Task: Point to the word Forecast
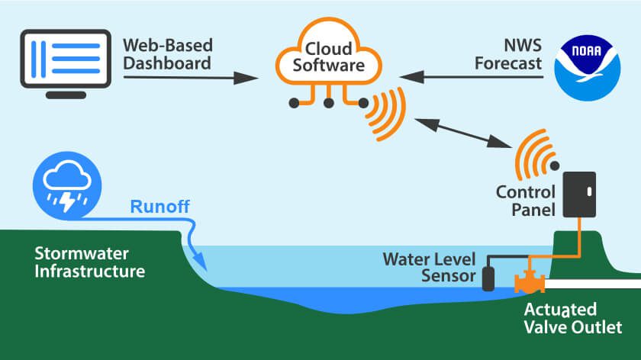(507, 64)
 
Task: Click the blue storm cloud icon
(63, 184)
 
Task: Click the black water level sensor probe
(488, 278)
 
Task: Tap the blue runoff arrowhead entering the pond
(201, 262)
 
